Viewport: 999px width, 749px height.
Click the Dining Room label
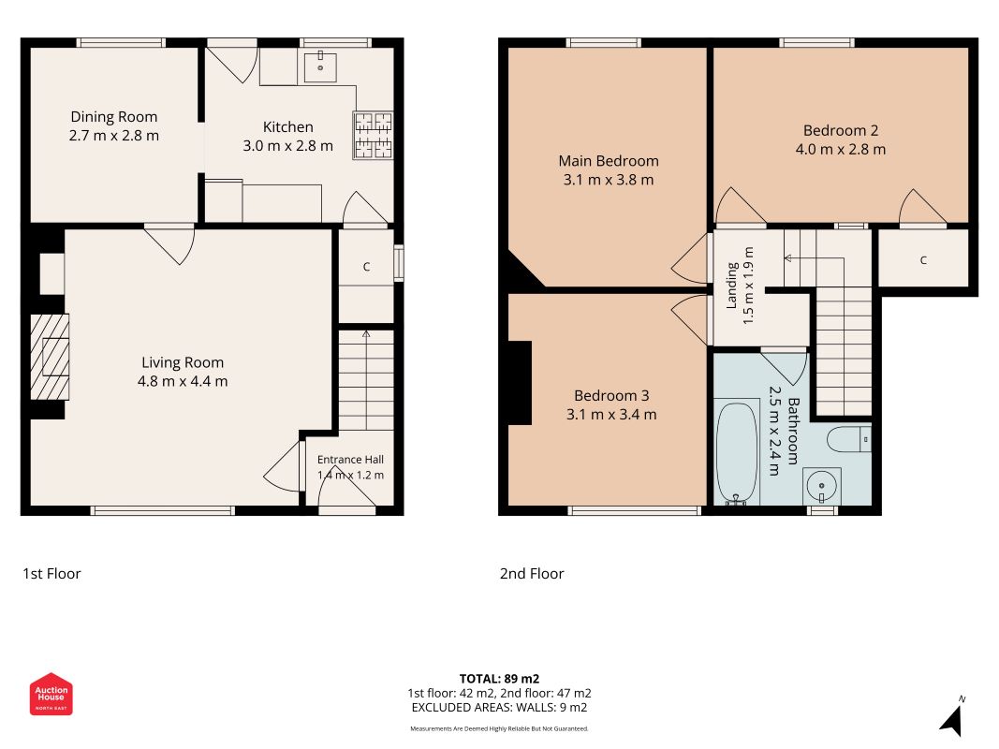[114, 117]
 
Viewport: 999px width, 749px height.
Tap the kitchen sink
[320, 66]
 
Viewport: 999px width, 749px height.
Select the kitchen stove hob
[374, 135]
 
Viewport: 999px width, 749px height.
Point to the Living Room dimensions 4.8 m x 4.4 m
[183, 381]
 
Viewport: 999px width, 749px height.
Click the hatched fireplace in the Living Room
[50, 357]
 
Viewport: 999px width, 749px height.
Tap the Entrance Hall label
[350, 459]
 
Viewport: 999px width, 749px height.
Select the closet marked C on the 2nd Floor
[923, 260]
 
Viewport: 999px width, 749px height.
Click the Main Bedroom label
[609, 161]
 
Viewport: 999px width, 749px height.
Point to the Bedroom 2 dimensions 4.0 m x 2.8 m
[841, 150]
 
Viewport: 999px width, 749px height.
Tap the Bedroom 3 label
[611, 395]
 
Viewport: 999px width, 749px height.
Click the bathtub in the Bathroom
[737, 452]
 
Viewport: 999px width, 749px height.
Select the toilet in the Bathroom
[848, 439]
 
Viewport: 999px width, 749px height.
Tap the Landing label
[732, 286]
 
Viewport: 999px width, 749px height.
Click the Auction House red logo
[51, 694]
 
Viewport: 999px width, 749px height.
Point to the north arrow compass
[952, 717]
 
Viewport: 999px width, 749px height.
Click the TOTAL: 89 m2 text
[500, 679]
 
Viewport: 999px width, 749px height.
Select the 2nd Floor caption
[532, 574]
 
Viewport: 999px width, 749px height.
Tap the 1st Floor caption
[51, 574]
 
